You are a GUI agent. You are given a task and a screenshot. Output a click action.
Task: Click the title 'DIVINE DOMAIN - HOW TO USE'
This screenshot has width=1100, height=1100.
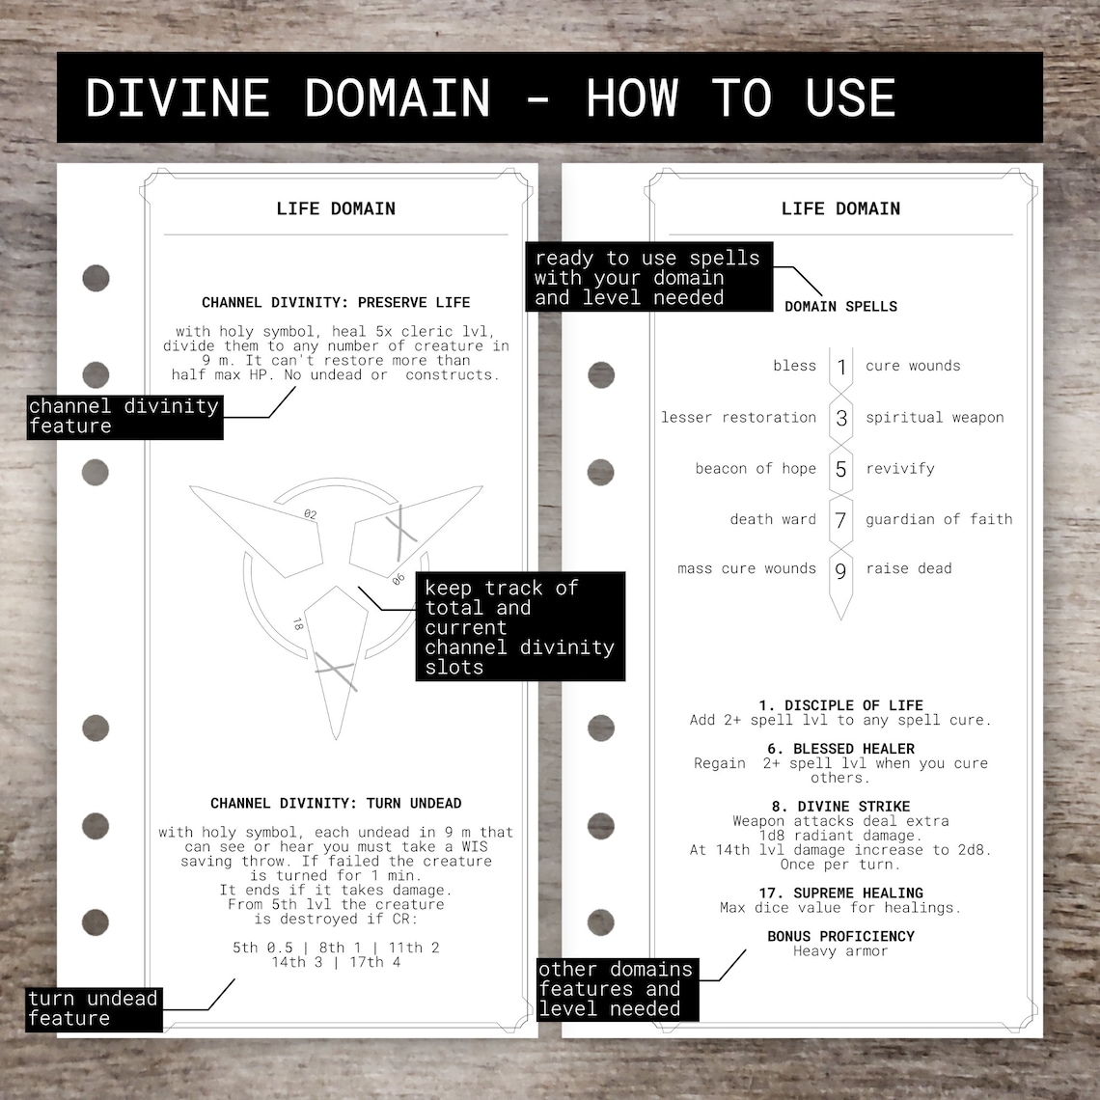coord(490,97)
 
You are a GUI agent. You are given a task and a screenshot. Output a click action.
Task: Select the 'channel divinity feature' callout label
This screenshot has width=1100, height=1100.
coord(124,416)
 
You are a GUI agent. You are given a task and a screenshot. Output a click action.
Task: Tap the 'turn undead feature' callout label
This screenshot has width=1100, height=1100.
coord(93,1008)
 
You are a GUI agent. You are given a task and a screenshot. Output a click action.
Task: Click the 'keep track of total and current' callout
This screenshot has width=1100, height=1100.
coord(520,626)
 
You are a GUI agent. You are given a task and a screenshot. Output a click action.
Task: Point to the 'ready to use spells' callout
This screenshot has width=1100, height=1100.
coord(647,277)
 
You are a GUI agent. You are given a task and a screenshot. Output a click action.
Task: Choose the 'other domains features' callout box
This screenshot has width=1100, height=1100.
coord(617,989)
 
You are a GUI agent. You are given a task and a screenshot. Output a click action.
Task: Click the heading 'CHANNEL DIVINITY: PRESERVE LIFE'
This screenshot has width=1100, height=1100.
coord(336,302)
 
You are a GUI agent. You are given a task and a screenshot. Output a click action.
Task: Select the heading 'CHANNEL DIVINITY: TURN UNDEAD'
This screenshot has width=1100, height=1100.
coord(336,803)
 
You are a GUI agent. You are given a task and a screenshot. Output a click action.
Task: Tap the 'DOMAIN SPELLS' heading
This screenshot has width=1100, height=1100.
coord(840,306)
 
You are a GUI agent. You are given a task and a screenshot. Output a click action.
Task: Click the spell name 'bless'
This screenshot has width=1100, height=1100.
coord(794,366)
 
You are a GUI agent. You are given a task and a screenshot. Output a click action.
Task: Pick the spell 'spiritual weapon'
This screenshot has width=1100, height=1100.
coord(934,417)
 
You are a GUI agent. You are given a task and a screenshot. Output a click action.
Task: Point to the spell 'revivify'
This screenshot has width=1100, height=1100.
coord(899,468)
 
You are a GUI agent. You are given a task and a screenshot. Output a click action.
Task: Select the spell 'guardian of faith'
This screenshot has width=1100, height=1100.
coord(938,519)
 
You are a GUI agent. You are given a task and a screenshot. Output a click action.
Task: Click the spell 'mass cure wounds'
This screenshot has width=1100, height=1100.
coord(747,568)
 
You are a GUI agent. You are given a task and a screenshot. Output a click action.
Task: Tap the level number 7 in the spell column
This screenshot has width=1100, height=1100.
coord(840,520)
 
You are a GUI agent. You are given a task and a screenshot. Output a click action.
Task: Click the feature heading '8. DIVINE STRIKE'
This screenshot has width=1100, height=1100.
coord(840,806)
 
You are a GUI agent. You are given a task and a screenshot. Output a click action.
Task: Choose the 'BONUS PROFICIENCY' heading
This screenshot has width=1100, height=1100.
coord(840,936)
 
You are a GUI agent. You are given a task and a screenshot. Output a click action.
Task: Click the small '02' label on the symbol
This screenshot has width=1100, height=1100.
coord(310,514)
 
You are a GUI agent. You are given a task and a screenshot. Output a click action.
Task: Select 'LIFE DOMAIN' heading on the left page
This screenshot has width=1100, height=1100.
coord(336,208)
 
